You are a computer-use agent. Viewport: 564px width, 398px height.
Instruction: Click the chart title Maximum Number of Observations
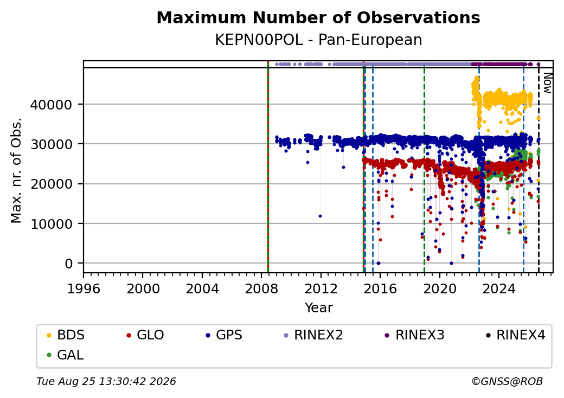click(x=318, y=17)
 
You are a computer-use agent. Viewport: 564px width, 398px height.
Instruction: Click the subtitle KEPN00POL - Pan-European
click(x=318, y=40)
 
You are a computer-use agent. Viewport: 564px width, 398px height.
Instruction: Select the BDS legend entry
click(x=66, y=335)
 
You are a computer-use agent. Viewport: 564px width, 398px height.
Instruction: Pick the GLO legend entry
click(x=145, y=335)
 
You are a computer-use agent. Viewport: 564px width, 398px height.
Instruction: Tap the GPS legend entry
click(x=224, y=335)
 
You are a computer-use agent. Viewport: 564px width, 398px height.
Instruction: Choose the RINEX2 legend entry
click(x=313, y=335)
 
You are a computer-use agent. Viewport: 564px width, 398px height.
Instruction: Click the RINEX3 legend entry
click(x=415, y=335)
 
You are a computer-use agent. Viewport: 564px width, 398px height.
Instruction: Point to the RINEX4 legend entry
click(x=516, y=335)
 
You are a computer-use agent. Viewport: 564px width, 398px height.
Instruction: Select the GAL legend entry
click(x=66, y=355)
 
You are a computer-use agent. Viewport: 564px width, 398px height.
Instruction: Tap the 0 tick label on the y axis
click(x=69, y=264)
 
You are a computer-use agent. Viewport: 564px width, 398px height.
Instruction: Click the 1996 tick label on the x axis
click(x=84, y=288)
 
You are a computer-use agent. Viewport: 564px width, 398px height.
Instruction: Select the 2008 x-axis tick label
click(x=261, y=288)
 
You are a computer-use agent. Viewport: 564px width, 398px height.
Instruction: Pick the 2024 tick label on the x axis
click(x=499, y=288)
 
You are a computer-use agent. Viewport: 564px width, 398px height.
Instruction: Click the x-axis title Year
click(x=319, y=308)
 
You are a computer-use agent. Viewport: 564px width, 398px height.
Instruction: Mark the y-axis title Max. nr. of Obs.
click(x=16, y=170)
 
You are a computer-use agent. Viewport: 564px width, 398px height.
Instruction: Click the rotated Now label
click(x=547, y=83)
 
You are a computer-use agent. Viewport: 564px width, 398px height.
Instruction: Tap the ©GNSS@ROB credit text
click(x=507, y=381)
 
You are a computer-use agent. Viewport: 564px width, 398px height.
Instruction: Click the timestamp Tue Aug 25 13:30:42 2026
click(x=106, y=381)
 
